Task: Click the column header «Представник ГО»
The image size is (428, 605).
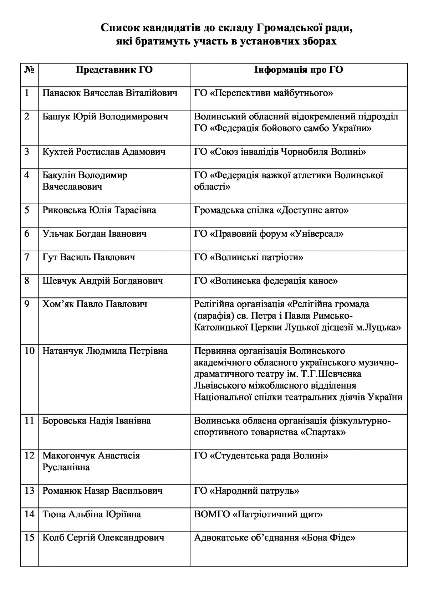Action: click(114, 70)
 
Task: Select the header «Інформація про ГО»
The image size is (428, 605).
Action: click(299, 70)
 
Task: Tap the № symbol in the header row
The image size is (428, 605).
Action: click(29, 70)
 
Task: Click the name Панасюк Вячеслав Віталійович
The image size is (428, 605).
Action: click(110, 93)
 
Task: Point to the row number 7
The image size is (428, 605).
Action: click(27, 257)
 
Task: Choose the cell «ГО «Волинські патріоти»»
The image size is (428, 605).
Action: click(249, 257)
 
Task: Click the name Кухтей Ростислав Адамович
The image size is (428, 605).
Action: click(104, 152)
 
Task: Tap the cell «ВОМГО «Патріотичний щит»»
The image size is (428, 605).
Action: click(259, 514)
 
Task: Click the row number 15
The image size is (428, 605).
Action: click(29, 537)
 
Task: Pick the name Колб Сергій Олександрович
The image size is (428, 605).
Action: click(103, 538)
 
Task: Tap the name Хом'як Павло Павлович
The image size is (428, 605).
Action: click(95, 304)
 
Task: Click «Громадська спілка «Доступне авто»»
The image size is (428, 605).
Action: click(271, 210)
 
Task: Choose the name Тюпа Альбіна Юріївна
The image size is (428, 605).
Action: click(91, 514)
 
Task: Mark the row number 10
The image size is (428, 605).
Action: click(29, 351)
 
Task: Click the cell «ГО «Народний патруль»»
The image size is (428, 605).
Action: click(246, 491)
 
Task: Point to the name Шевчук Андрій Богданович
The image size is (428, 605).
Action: click(102, 281)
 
